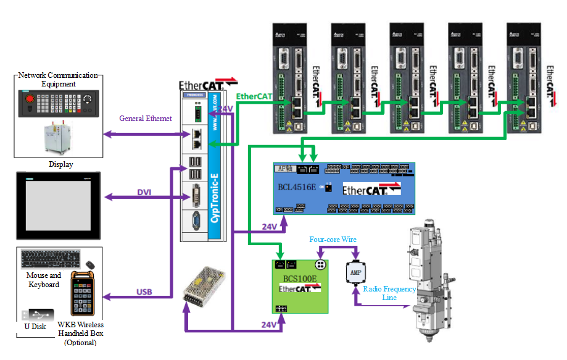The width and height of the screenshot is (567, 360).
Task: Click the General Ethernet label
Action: pos(146,119)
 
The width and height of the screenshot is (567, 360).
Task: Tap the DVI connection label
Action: pos(144,192)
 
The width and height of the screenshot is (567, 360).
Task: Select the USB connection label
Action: pos(145,291)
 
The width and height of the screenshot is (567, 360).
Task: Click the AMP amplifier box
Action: pos(355,272)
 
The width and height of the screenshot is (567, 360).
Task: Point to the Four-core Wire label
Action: pos(333,240)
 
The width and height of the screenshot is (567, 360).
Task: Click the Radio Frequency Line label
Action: pos(389,293)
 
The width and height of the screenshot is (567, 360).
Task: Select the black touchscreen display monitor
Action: pos(59,206)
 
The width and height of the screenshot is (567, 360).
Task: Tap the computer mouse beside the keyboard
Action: pos(91,265)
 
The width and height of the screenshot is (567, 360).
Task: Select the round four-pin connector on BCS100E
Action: pos(320,265)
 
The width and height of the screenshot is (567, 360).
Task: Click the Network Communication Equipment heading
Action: pos(58,79)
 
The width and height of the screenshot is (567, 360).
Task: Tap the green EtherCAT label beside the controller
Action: pos(254,96)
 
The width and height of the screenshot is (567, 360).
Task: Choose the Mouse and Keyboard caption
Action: pos(44,280)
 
